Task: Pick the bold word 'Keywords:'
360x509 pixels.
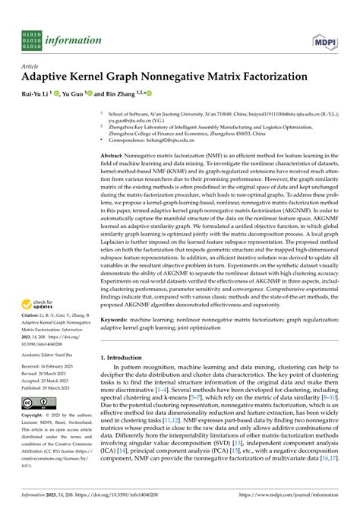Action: tap(117, 320)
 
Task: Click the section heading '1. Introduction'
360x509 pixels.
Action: tap(125, 357)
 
